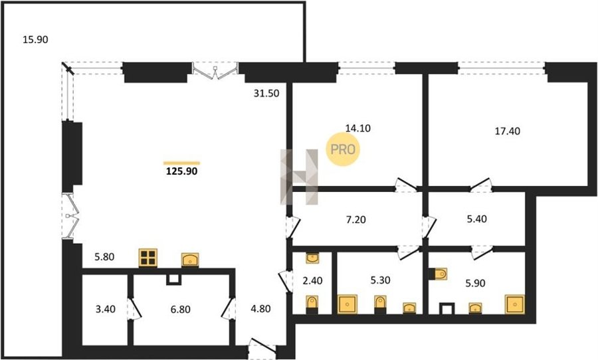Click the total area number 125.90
pos(182,171)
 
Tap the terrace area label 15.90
pos(35,39)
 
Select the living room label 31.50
pos(266,94)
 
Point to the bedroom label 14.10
pos(358,128)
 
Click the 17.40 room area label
pos(507,132)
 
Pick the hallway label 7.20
pos(355,220)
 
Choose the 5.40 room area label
pos(476,219)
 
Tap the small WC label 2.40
pos(312,281)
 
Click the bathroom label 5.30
pos(380,280)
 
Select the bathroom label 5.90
pos(475,284)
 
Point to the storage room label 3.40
pos(105,309)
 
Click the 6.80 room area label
pos(180,310)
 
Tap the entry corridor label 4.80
pos(260,308)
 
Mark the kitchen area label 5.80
pos(104,257)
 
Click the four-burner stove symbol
pos(148,258)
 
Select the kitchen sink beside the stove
pos(190,260)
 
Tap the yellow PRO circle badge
pos(343,149)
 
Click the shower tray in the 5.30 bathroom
pos(348,304)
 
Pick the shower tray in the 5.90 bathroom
pos(515,304)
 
